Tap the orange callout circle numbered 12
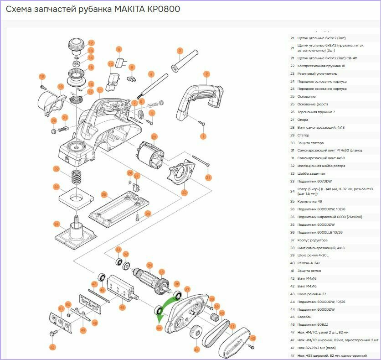coord(91,43)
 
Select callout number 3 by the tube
coord(180,51)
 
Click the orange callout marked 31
coord(208,177)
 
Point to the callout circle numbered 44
coord(159,328)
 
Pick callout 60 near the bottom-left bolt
coord(52,348)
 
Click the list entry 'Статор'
coord(303,135)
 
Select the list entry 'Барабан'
coord(305,317)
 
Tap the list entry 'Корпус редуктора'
coord(312,240)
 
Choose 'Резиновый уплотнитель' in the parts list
coord(317,73)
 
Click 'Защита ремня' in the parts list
coord(310,271)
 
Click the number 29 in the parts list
coord(292,135)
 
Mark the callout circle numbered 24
coord(57,224)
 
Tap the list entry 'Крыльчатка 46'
coord(309,201)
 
